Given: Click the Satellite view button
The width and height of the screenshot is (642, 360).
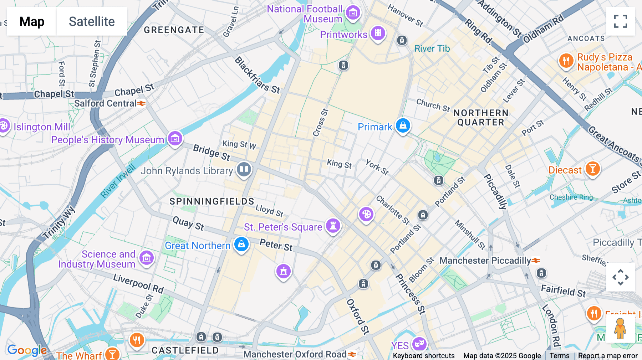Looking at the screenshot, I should click(92, 21).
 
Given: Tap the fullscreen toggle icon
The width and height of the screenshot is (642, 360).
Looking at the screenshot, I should click(620, 21).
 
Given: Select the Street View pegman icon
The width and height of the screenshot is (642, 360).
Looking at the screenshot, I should click(620, 329).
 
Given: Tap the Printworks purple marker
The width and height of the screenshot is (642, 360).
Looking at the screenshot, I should click(378, 34).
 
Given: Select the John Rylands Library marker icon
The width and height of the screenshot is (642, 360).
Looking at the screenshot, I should click(244, 170).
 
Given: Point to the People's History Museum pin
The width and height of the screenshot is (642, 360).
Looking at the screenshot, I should click(175, 139).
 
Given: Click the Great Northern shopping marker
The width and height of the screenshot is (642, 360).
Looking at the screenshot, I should click(241, 245).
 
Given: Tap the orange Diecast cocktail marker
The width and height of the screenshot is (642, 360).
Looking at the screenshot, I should click(592, 169).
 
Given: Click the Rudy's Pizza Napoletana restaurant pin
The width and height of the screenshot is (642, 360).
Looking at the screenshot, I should click(566, 61).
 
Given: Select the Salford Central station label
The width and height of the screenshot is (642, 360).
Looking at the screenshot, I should click(106, 103).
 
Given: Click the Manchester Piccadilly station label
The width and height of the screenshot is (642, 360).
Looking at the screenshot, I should click(485, 261).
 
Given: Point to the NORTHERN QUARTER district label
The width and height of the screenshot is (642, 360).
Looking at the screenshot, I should click(481, 118).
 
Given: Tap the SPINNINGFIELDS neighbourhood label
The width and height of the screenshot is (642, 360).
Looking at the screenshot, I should click(212, 201).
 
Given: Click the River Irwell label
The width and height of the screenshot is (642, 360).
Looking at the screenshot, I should click(118, 181).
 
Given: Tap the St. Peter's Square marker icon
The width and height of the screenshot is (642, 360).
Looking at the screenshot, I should click(333, 226).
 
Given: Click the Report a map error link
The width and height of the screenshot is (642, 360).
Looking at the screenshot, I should click(608, 356).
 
